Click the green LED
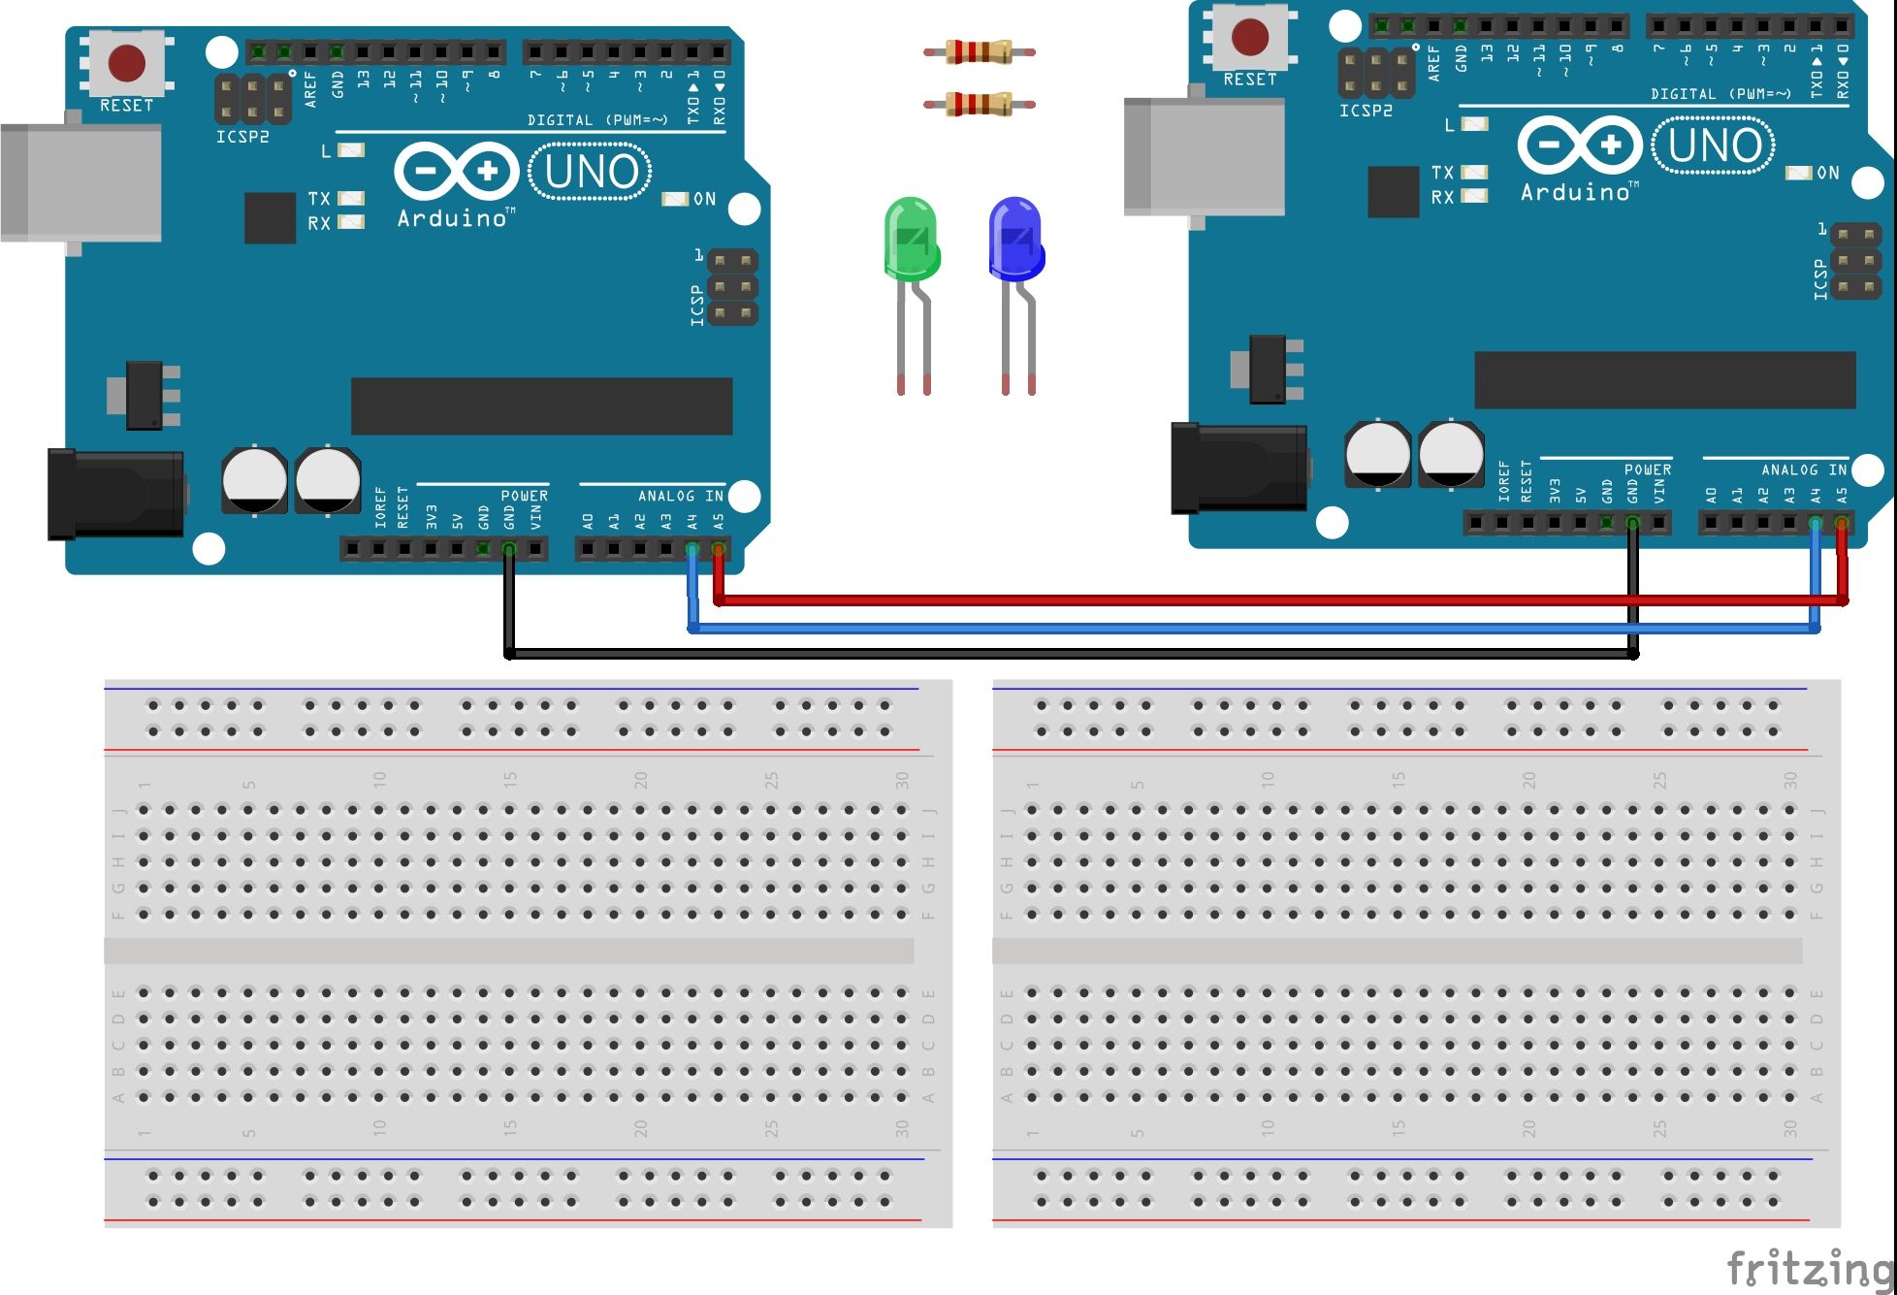(x=912, y=239)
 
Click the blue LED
(x=1014, y=239)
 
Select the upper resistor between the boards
(x=979, y=51)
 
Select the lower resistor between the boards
(x=979, y=103)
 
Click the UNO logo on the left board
(x=591, y=173)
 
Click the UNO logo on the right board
(x=1714, y=146)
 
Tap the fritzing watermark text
(x=1810, y=1268)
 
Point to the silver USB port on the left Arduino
(x=81, y=183)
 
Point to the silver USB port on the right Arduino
(x=1204, y=156)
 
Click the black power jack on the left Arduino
(x=116, y=493)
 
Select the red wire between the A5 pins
(x=1261, y=600)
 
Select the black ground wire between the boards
(x=1067, y=655)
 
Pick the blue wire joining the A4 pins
(x=1261, y=629)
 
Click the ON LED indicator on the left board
(x=675, y=199)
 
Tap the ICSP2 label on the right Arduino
(x=1366, y=112)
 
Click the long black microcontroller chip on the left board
(x=541, y=406)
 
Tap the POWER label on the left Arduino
(x=524, y=496)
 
